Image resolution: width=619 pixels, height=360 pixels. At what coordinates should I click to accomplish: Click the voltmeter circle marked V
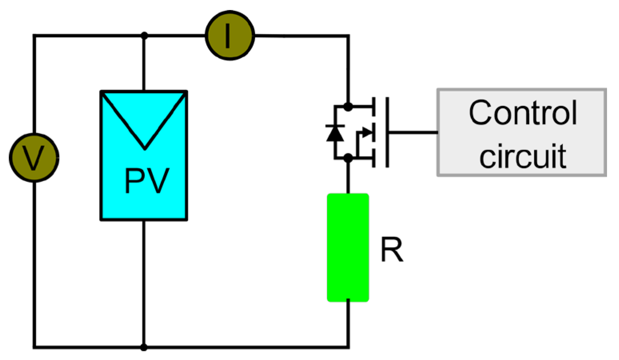click(x=34, y=158)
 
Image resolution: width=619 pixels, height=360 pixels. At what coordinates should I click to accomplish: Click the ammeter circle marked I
click(x=230, y=35)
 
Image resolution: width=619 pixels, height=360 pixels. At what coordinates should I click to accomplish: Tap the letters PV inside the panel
click(x=147, y=181)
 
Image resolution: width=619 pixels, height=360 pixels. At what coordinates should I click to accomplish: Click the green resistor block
click(x=347, y=247)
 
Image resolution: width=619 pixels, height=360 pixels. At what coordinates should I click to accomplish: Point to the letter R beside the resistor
click(x=391, y=250)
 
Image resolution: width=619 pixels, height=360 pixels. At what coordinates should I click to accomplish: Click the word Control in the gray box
click(x=522, y=113)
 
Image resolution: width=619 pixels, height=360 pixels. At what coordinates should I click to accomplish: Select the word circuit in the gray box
click(x=522, y=156)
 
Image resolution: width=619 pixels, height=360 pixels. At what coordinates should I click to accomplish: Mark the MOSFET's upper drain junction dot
click(x=348, y=107)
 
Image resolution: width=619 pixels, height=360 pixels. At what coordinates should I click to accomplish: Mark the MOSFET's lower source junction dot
click(x=348, y=158)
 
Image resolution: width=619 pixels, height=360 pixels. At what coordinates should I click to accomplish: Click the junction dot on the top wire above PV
click(x=144, y=36)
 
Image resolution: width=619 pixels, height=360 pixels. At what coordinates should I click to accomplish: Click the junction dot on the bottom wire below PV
click(x=144, y=347)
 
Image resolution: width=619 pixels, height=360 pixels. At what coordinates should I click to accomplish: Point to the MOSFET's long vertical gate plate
click(x=387, y=132)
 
